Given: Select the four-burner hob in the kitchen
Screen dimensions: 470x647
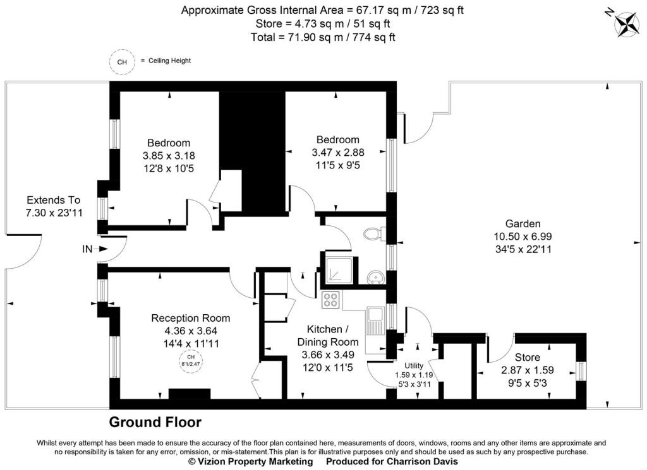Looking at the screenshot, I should pyautogui.click(x=330, y=300).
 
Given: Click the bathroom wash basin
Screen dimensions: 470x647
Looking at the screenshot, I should pyautogui.click(x=373, y=277).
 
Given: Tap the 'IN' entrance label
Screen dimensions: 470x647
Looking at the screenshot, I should pyautogui.click(x=87, y=249).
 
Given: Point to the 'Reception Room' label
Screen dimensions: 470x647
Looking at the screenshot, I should pyautogui.click(x=190, y=318).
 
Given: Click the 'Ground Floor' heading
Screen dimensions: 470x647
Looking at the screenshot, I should pyautogui.click(x=155, y=422).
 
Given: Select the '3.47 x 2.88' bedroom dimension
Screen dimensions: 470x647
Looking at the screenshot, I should pyautogui.click(x=338, y=152).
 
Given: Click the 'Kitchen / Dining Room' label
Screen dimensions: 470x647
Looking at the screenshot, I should pyautogui.click(x=327, y=336).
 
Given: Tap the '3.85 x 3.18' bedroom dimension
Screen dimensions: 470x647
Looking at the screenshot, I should pyautogui.click(x=169, y=155).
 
